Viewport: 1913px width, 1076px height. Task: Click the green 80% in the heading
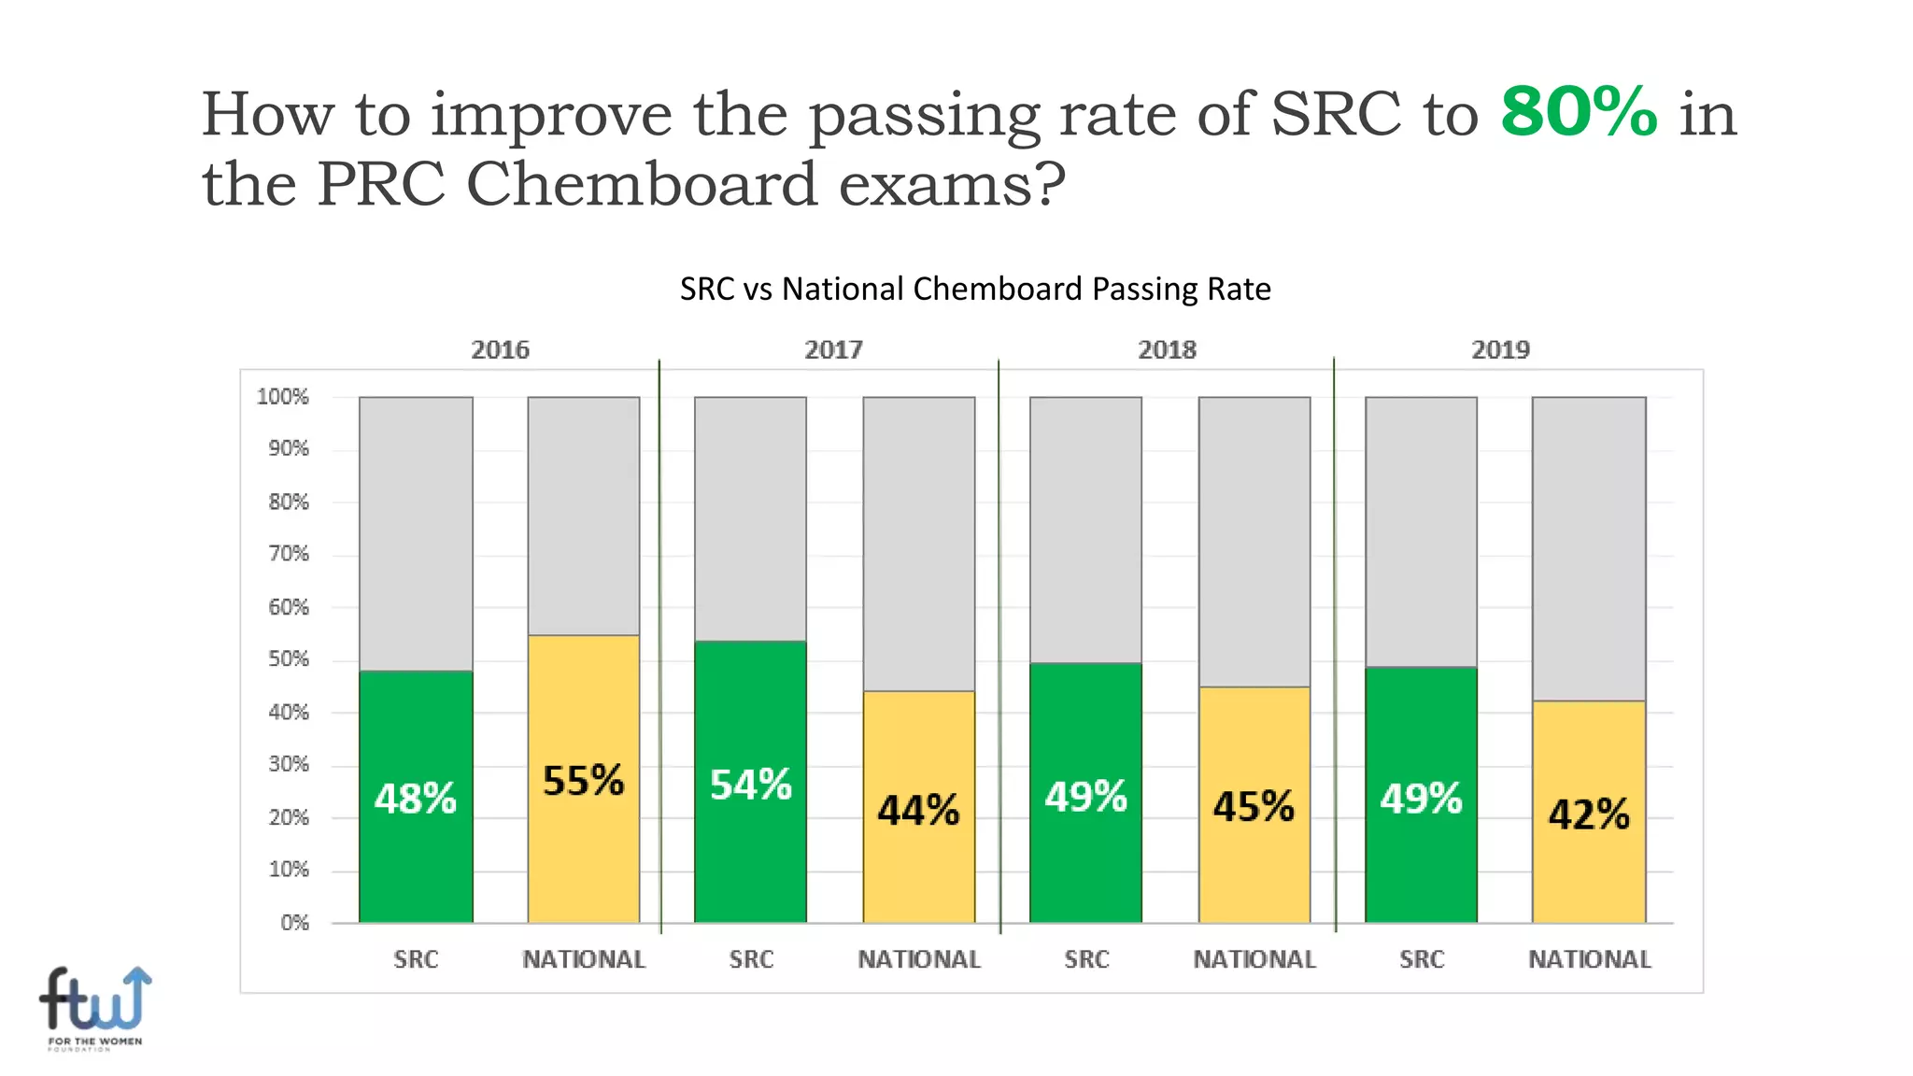tap(1579, 112)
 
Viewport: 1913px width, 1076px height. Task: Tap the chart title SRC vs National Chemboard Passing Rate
tap(974, 289)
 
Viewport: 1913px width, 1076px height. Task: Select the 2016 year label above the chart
tap(500, 349)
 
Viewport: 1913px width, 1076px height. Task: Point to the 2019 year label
tap(1500, 349)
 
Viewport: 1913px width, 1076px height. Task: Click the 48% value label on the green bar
tap(416, 799)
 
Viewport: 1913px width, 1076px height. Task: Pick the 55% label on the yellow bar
tap(583, 781)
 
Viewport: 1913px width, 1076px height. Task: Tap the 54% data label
tap(750, 785)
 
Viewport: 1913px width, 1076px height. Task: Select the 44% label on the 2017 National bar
tap(918, 810)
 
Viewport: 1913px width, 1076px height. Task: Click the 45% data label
tap(1254, 806)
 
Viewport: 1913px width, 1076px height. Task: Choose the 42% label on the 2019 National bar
tap(1589, 814)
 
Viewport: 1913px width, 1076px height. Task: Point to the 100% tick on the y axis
tap(282, 397)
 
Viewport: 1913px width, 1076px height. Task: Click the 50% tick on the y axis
tap(288, 659)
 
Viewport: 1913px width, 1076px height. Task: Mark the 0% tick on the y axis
tap(294, 923)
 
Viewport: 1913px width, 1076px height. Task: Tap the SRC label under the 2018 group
tap(1086, 959)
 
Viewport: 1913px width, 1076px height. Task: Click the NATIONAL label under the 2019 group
tap(1589, 959)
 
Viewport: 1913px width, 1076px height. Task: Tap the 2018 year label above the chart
tap(1167, 349)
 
